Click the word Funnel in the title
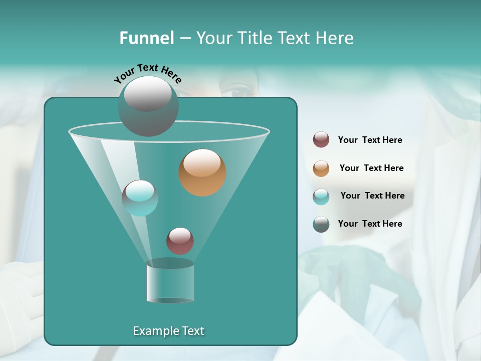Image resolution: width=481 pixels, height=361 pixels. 146,38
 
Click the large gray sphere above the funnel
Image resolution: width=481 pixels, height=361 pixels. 148,106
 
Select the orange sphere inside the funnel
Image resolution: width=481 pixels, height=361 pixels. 202,172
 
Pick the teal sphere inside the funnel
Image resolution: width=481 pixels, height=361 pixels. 140,198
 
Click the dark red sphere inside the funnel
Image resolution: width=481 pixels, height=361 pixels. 180,241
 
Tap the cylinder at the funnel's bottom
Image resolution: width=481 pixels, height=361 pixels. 170,282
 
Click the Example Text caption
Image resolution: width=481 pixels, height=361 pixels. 168,331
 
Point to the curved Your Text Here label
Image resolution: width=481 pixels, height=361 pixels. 147,73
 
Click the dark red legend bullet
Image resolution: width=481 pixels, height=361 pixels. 321,140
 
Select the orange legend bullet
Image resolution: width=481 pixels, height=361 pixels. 321,168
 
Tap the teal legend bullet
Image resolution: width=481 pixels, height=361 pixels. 321,197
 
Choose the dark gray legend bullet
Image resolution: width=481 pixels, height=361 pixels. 321,224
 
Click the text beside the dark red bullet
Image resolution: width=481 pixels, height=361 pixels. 370,140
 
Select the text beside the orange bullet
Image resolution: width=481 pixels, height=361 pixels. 371,168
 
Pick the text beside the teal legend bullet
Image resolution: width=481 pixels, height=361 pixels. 372,196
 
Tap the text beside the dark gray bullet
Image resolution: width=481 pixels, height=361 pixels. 370,224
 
